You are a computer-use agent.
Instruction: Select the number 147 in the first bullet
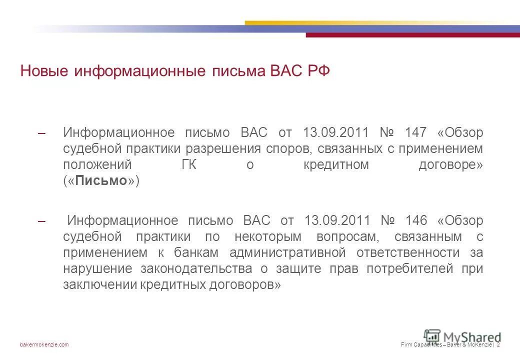pos(416,133)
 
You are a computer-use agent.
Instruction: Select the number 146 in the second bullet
pos(416,220)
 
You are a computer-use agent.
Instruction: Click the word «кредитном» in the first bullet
pos(336,165)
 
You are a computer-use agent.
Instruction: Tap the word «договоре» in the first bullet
pos(450,165)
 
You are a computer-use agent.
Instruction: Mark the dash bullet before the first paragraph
pos(42,133)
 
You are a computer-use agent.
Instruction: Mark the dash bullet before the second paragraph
pos(42,221)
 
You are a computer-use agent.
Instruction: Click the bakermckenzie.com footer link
pos(44,344)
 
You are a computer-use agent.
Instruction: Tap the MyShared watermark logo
pos(462,337)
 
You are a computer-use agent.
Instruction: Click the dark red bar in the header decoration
pos(412,35)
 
